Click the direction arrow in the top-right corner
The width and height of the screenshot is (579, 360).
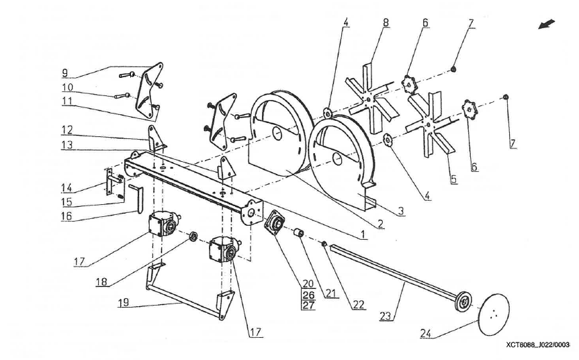[547, 25]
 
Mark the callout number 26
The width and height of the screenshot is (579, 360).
[308, 295]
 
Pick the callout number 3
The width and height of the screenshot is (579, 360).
[400, 211]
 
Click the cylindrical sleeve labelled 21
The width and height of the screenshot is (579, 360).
[298, 234]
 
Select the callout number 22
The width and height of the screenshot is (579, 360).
[359, 305]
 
